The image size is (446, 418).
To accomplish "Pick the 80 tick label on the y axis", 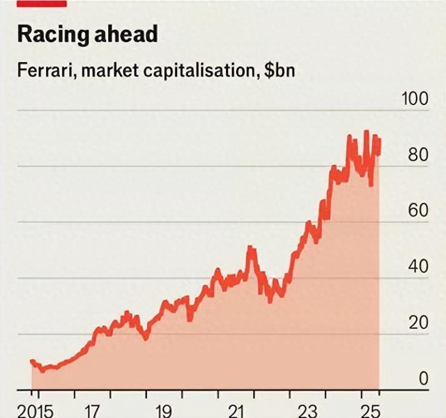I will point(418,155).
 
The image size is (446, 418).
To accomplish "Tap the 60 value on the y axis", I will point(418,210).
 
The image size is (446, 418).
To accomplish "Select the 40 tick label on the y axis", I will point(418,267).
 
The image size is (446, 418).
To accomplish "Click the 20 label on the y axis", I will point(418,323).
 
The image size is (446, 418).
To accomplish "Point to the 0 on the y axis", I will point(423,379).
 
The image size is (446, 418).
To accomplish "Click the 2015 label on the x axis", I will point(35,410).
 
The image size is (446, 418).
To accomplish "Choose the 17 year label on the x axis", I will point(91,410).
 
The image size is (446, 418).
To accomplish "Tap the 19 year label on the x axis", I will point(164,410).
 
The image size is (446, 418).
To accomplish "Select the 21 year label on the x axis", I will point(238,410).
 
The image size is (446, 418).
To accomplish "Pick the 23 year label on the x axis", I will point(309,410).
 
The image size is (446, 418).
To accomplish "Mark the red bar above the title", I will point(41,3).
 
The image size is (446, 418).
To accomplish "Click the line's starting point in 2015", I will point(31,361).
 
